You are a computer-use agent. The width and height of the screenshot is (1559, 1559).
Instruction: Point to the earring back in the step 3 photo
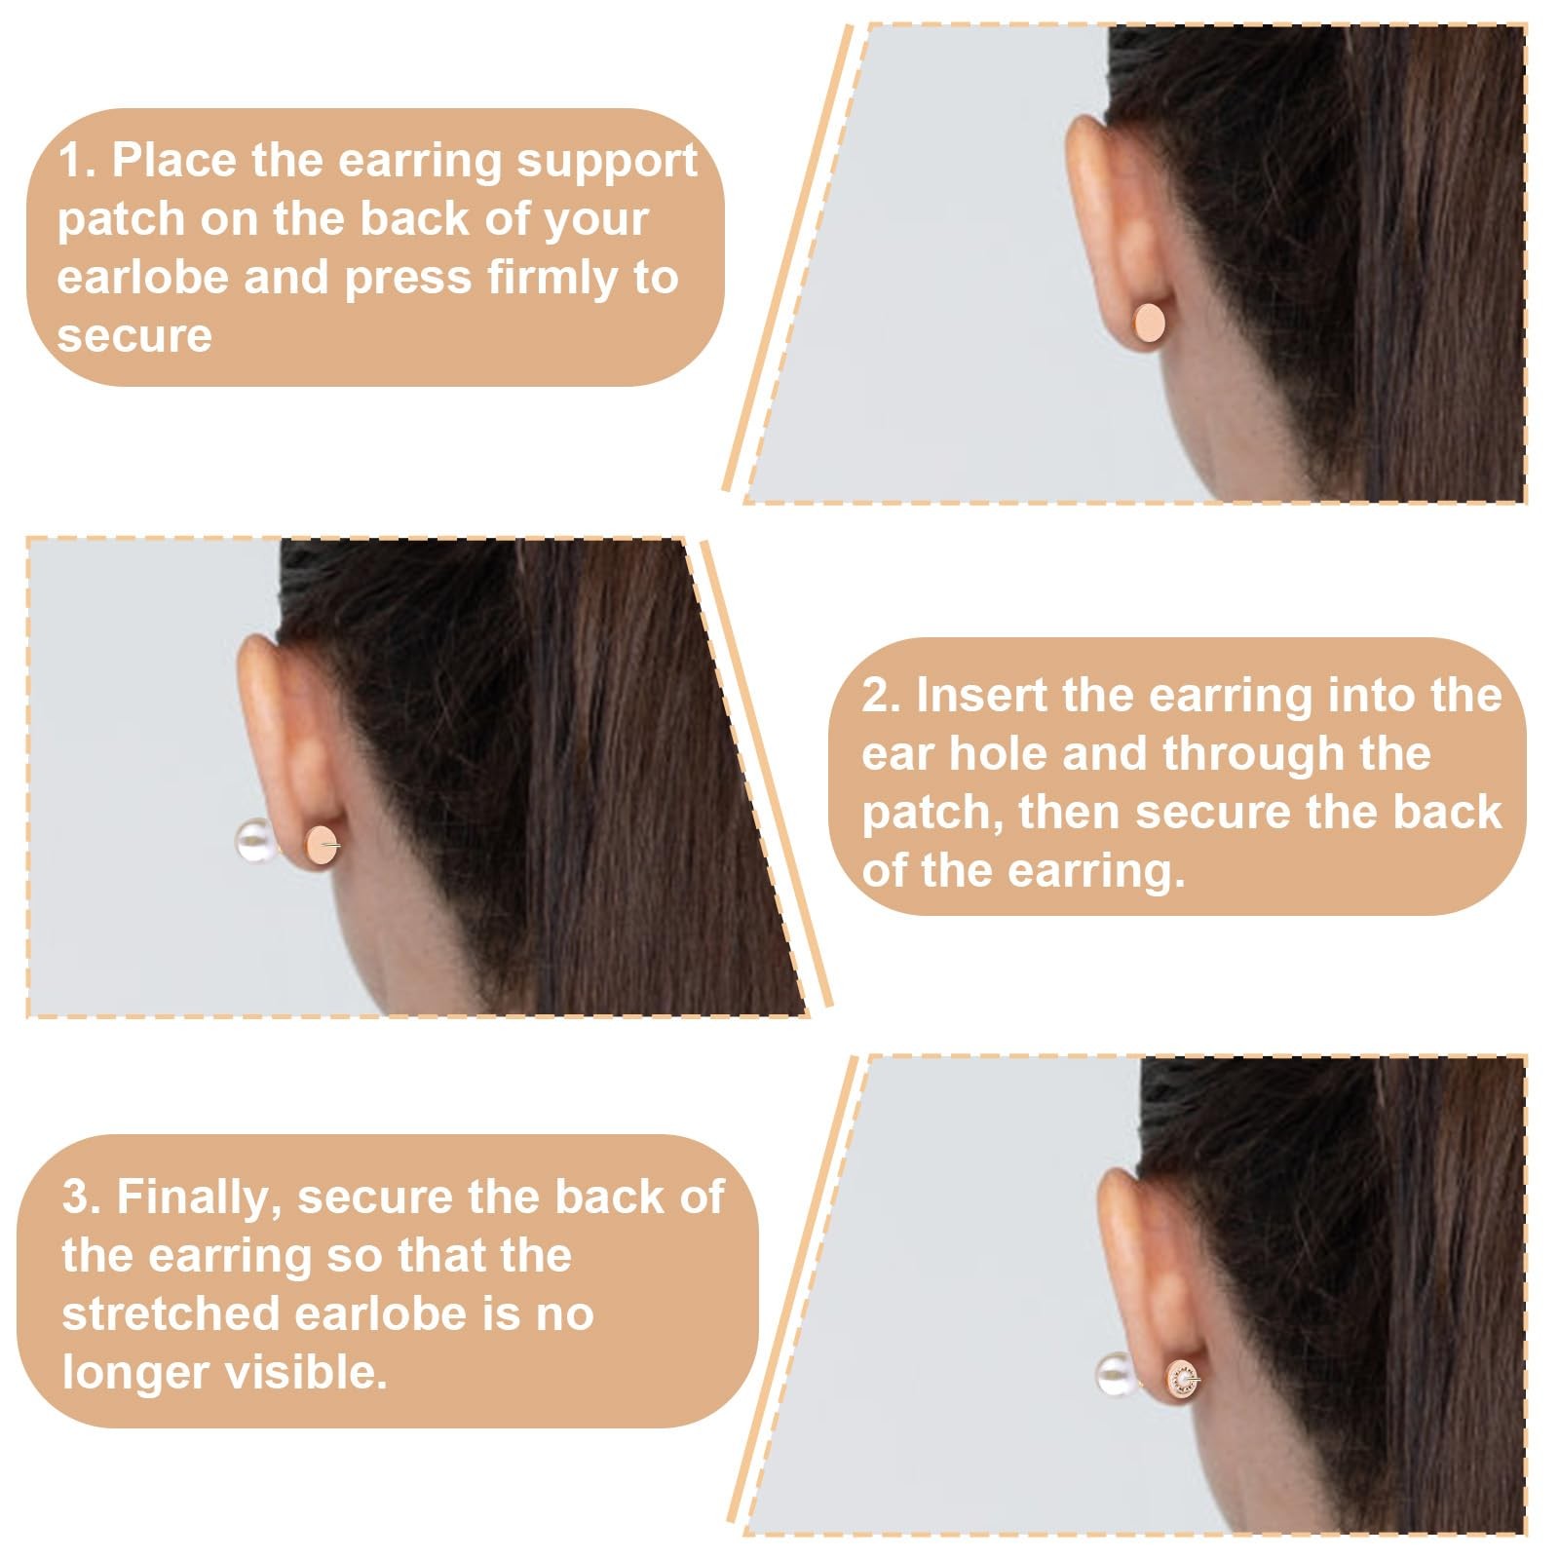1182,1381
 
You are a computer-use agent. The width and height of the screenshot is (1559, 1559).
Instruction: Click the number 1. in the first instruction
77,161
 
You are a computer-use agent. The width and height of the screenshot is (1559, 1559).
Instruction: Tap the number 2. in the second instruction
882,696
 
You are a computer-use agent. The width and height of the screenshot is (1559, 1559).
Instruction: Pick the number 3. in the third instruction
82,1197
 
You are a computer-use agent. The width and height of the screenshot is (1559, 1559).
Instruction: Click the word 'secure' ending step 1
134,337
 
